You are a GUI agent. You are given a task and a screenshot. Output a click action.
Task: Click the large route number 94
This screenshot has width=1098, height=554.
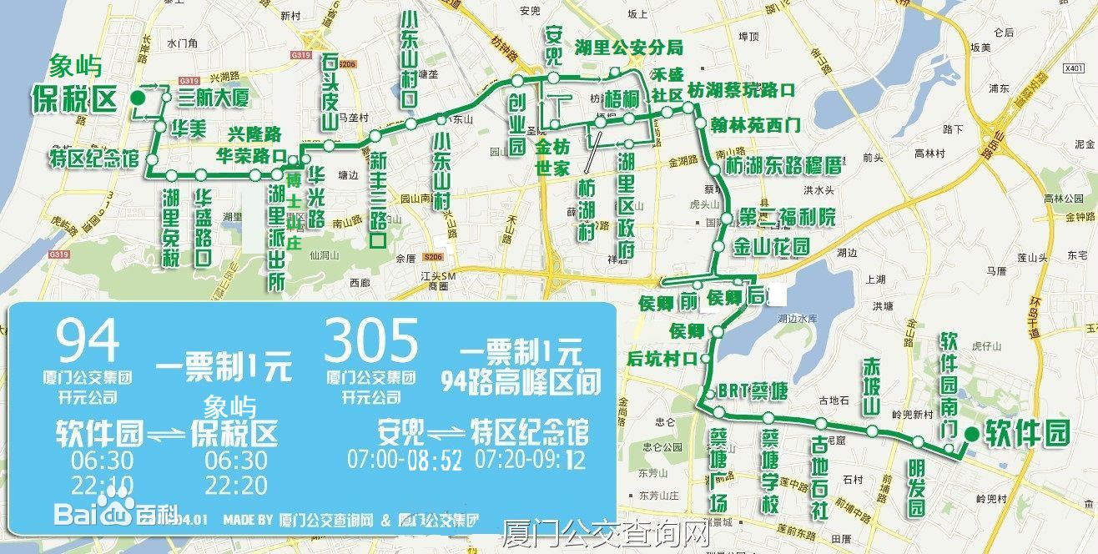pos(88,342)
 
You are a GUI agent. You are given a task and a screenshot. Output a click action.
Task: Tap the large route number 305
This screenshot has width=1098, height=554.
pos(371,342)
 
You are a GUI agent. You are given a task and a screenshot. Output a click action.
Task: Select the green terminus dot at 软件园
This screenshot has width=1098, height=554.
pos(972,434)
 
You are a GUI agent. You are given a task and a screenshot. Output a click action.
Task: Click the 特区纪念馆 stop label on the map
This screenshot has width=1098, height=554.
pos(93,159)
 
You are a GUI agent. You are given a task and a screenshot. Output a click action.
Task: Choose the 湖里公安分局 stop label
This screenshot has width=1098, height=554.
pos(628,47)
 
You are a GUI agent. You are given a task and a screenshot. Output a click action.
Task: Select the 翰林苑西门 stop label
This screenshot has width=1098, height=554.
pos(756,126)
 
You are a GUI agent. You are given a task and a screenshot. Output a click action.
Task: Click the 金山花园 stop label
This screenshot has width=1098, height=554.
pos(772,247)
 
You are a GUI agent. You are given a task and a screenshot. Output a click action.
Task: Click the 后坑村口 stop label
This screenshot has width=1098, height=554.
pos(662,360)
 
